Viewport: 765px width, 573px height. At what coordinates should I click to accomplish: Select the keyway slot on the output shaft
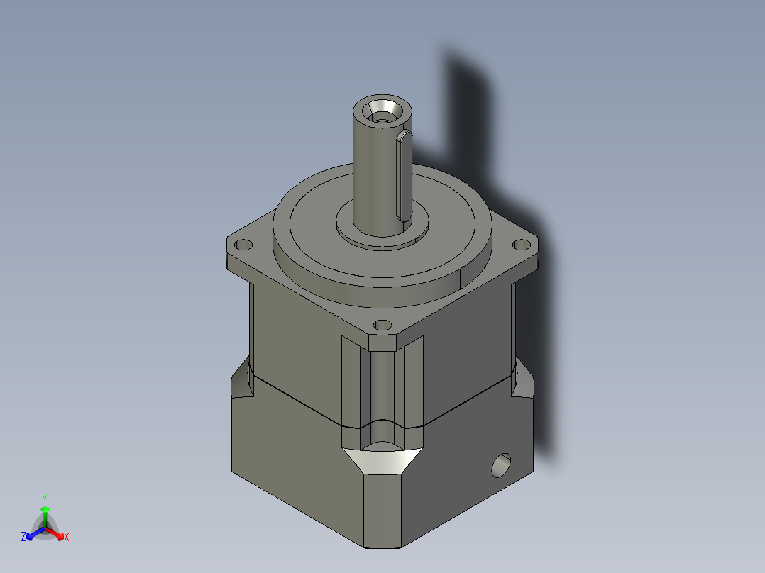pos(402,173)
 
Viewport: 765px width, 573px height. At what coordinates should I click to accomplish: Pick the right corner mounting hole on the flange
pos(522,244)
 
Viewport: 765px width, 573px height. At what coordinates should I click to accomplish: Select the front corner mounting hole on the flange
pos(382,326)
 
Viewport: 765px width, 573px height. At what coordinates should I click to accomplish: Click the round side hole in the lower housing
pos(502,465)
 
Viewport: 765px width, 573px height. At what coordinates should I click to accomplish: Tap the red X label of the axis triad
pos(67,538)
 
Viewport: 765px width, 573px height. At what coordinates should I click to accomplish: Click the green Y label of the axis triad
pos(45,499)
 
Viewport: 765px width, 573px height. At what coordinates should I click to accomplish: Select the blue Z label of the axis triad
pos(23,538)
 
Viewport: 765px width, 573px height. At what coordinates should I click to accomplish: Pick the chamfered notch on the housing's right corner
pos(524,383)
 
